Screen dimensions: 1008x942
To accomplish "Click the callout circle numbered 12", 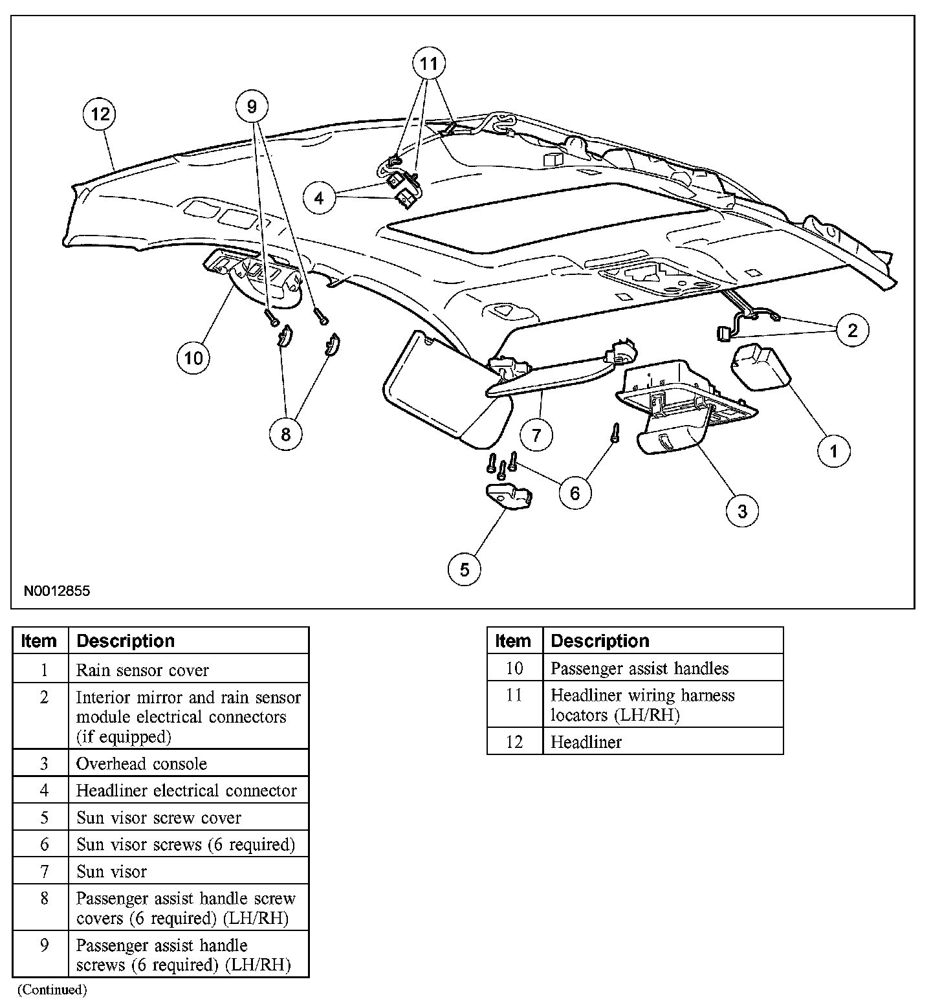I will (x=100, y=115).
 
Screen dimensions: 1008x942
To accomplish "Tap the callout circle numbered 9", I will (x=252, y=106).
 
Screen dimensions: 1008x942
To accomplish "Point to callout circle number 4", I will (x=319, y=198).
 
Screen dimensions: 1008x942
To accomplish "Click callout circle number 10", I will (x=193, y=358).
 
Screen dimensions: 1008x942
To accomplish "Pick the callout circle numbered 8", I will (x=286, y=433).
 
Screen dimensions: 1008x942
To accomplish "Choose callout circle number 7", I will (x=536, y=435).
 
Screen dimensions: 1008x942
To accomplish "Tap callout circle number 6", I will (x=575, y=494).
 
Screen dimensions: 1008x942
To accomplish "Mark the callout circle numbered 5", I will (x=465, y=569).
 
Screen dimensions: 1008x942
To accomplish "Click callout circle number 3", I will (x=742, y=511).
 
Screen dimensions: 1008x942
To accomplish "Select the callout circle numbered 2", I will (x=852, y=331).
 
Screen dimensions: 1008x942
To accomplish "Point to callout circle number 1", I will (x=834, y=451).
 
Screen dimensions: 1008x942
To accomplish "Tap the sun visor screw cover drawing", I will (x=509, y=498).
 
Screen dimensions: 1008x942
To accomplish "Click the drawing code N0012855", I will (x=57, y=591).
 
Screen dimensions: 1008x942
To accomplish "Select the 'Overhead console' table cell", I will (x=142, y=763).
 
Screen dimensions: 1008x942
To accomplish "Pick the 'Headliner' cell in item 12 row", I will (x=586, y=741).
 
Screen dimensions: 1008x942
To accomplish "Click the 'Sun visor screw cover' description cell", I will (x=159, y=818).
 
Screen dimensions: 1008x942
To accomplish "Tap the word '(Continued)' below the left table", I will (x=52, y=989).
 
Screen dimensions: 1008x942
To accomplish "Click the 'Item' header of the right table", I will (x=513, y=641).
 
